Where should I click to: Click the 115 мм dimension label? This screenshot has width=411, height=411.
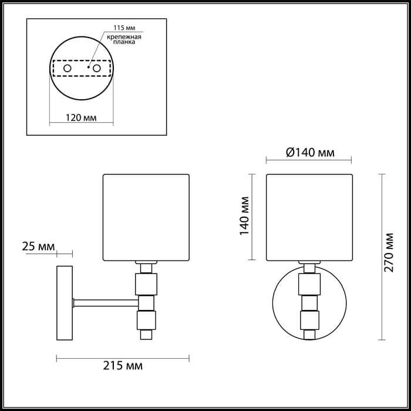(x=116, y=29)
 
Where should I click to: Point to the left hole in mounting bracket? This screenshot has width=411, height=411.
(x=68, y=69)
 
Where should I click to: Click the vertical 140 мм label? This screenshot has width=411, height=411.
(x=245, y=216)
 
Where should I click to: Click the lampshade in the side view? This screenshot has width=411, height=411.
(x=146, y=217)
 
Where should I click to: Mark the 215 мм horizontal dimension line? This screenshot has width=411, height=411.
(x=123, y=356)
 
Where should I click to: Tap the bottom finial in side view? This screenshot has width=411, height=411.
(x=144, y=336)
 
